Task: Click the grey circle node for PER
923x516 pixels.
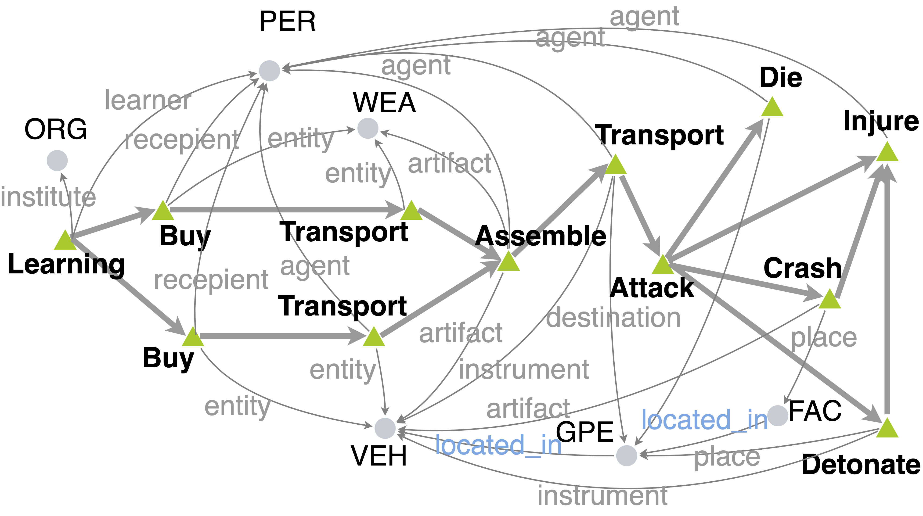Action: [x=270, y=71]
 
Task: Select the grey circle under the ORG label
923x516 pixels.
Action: [x=57, y=160]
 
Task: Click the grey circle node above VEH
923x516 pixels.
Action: [x=385, y=428]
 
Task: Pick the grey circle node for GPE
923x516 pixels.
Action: [x=626, y=455]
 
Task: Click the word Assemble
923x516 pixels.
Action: [x=540, y=236]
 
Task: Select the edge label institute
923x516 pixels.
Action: [x=48, y=197]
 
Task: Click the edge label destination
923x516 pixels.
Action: [x=613, y=318]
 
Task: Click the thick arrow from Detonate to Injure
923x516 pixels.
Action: [x=887, y=294]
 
